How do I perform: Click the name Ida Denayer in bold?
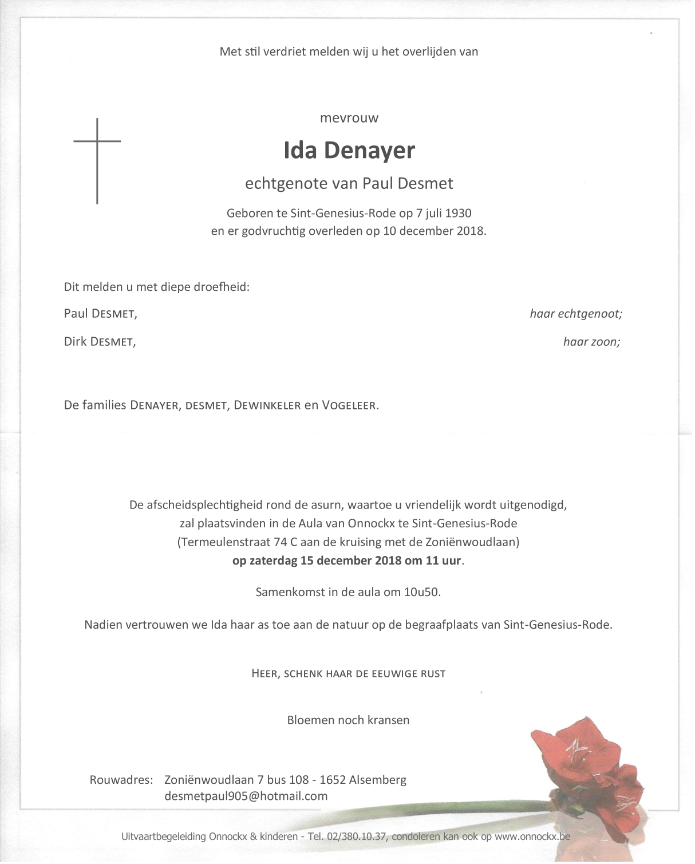point(349,151)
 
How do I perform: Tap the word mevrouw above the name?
point(349,119)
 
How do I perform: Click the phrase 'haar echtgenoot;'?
point(575,314)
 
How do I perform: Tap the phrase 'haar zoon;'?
point(591,342)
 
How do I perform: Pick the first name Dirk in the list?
point(75,342)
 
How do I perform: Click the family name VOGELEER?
point(349,406)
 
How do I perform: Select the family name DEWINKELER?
point(267,406)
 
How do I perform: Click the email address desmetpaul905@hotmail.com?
point(246,796)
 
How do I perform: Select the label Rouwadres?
point(121,780)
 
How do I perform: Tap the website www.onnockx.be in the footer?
point(532,837)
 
